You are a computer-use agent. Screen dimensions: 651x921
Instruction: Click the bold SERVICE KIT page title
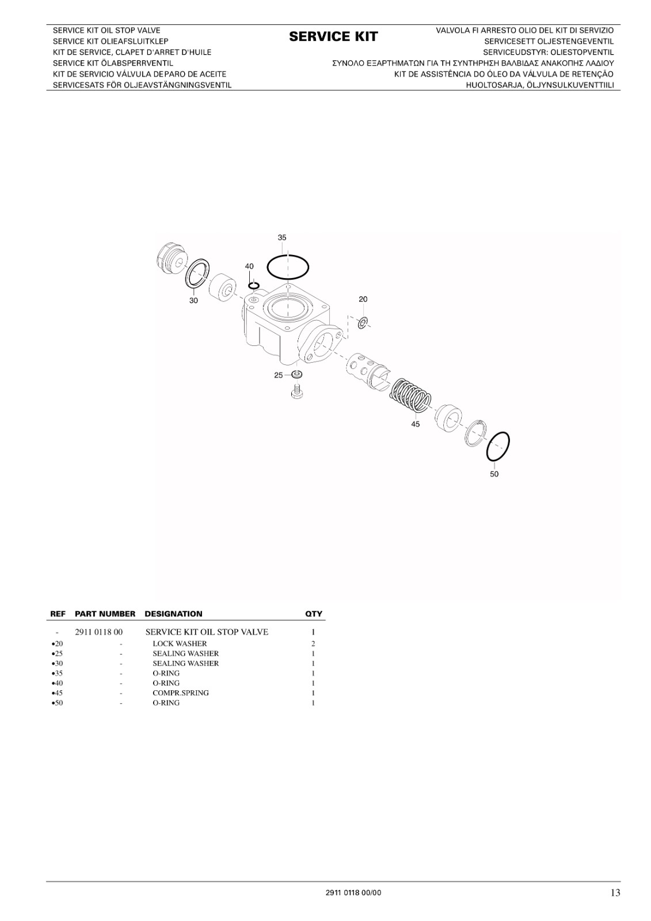333,37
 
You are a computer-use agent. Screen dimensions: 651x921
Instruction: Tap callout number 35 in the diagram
281,238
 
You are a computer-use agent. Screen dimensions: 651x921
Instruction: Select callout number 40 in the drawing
249,267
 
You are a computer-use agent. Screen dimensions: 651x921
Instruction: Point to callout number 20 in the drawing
363,299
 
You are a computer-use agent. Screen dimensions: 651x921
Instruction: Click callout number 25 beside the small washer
279,375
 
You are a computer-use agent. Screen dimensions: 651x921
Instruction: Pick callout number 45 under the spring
416,424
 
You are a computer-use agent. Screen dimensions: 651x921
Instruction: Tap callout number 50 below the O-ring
494,474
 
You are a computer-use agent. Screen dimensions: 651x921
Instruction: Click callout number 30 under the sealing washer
193,300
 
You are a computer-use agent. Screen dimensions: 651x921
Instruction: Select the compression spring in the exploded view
410,395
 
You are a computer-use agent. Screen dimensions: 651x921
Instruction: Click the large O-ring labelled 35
287,256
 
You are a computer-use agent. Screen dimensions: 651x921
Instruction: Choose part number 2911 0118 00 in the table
98,632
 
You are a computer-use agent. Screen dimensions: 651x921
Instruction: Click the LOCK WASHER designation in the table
180,644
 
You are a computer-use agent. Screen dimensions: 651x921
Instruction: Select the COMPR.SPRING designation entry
181,693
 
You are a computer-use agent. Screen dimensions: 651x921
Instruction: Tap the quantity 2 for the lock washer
313,644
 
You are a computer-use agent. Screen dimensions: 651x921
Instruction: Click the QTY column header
313,614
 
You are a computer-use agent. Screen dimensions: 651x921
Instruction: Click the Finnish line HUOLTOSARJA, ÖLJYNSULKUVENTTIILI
539,85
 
